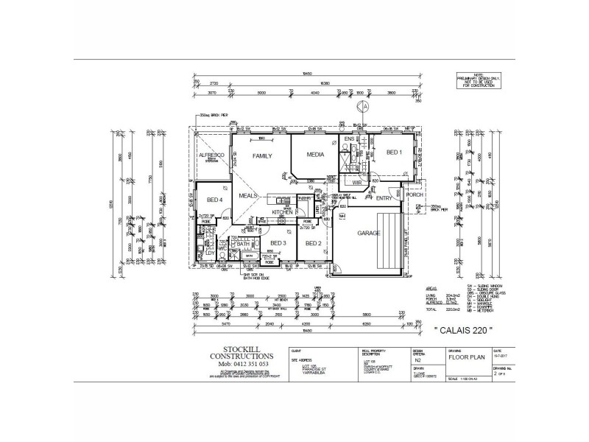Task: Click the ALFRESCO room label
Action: tap(212, 156)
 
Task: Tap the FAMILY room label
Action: tap(263, 156)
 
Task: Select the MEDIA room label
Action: tap(316, 155)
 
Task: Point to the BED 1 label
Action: tap(394, 152)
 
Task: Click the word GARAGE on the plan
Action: tap(369, 233)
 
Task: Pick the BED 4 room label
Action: tap(214, 200)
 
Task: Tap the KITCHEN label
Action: tap(283, 212)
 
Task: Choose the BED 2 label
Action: tap(314, 243)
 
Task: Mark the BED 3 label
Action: tap(278, 243)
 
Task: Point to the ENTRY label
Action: tap(384, 198)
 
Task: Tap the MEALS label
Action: tap(247, 195)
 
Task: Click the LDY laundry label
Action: tap(209, 253)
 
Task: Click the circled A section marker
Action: tap(362, 106)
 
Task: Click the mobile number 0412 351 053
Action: tap(235, 364)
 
